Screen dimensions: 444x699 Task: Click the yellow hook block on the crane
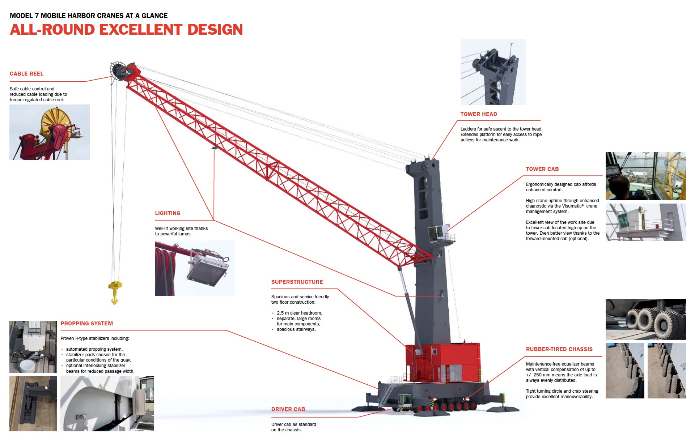tap(115, 291)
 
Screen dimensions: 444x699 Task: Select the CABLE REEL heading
tap(26, 74)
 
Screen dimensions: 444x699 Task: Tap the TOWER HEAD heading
tap(479, 114)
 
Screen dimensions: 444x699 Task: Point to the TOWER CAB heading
tap(542, 169)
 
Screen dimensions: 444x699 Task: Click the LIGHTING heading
tap(168, 213)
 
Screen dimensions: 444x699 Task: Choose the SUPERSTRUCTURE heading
tap(297, 282)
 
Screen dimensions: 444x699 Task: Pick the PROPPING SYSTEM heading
tap(87, 324)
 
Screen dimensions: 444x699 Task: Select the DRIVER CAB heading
tap(288, 409)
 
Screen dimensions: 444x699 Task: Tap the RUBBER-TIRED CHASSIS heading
tap(559, 349)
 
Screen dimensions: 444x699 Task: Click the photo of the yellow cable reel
tap(50, 132)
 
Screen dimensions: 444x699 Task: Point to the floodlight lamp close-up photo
tap(195, 268)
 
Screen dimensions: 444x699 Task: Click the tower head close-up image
tap(493, 72)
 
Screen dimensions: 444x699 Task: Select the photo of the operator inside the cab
tap(645, 176)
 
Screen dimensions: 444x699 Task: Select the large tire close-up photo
tap(645, 319)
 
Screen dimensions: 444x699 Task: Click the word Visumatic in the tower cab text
tap(573, 206)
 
